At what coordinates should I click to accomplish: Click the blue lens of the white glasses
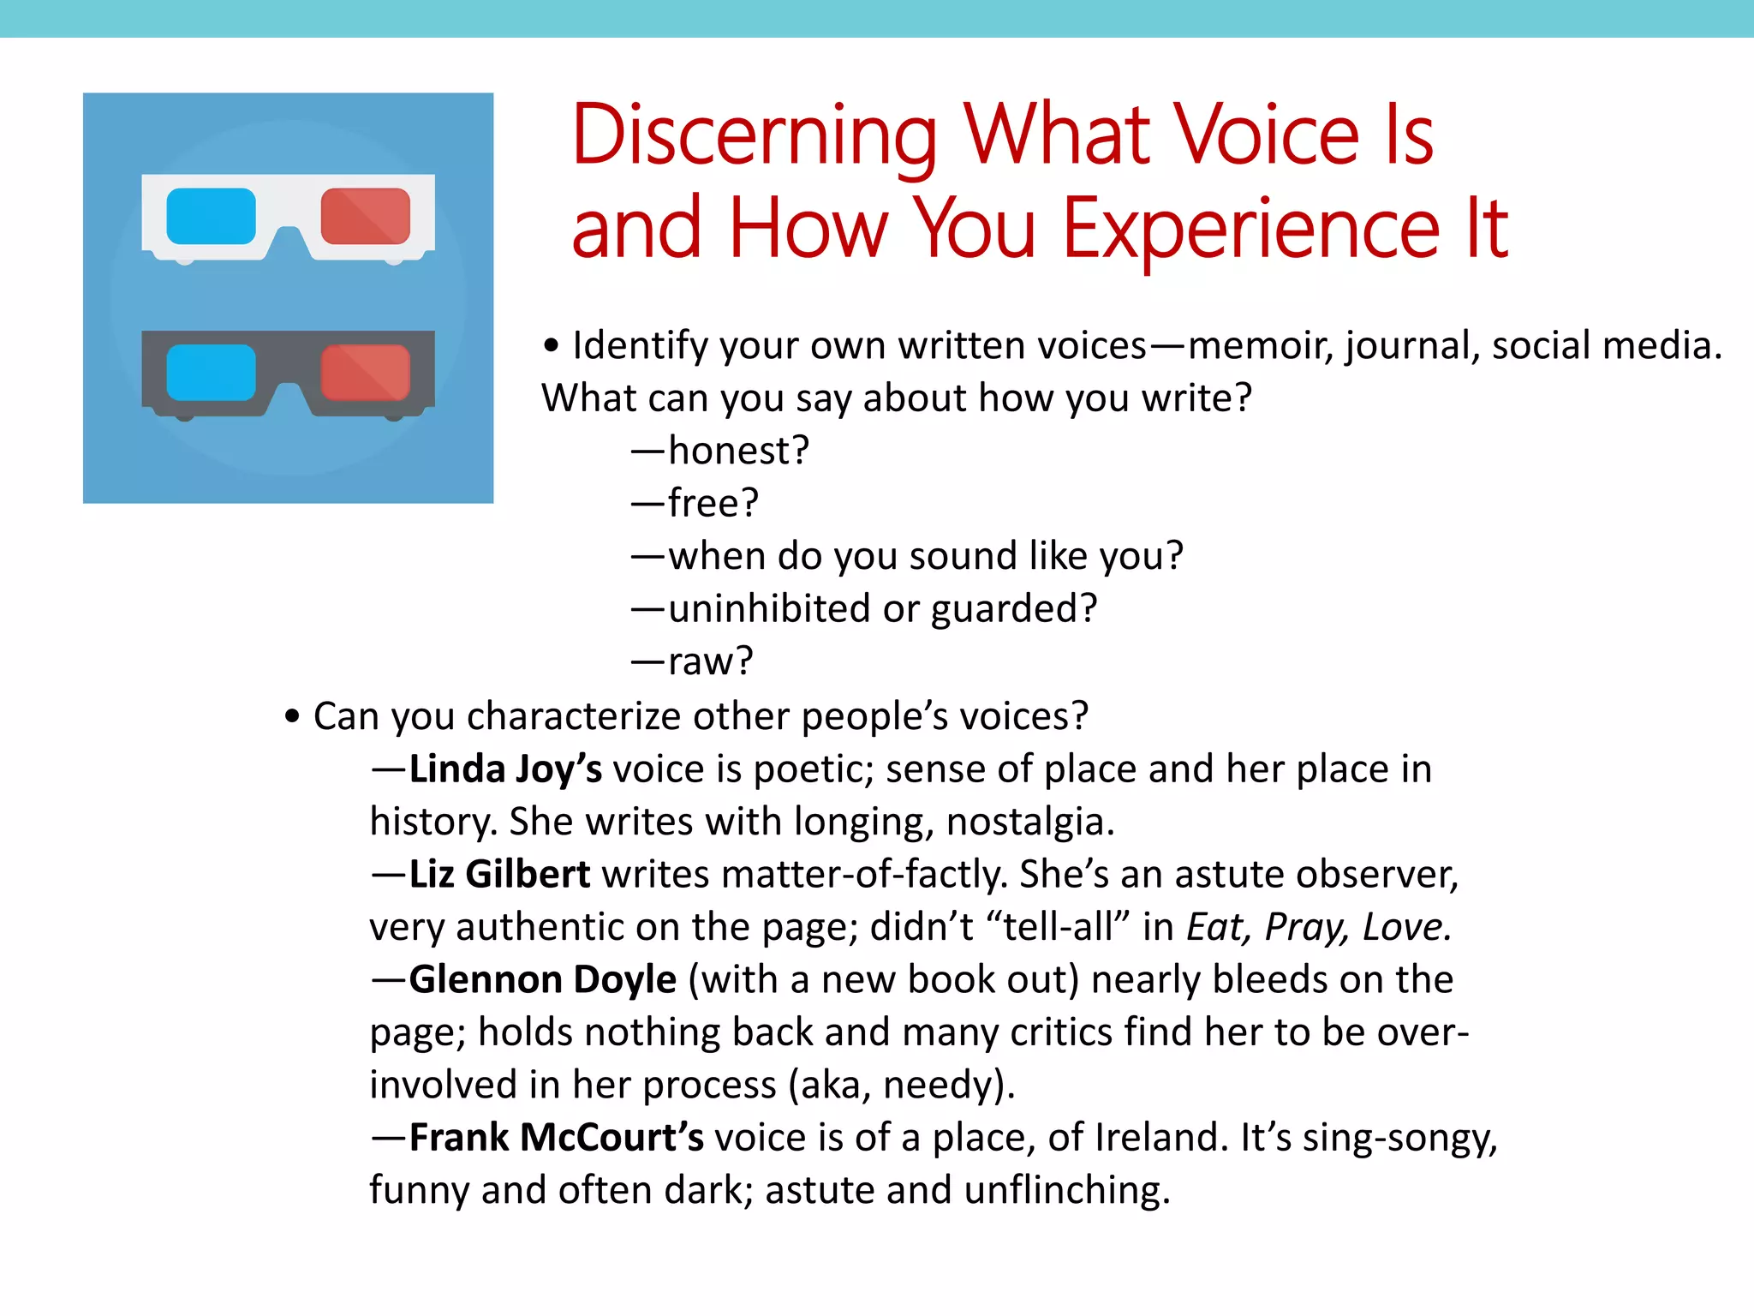(211, 216)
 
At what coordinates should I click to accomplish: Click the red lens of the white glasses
(366, 216)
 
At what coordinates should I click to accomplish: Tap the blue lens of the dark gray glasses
(211, 373)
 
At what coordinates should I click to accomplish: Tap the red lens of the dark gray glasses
(366, 373)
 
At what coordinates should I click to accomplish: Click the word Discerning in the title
(755, 137)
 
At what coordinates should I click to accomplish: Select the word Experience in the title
(1251, 230)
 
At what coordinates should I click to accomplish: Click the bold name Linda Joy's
(505, 769)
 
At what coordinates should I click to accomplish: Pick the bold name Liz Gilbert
(499, 874)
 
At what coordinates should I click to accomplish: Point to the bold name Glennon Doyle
(542, 979)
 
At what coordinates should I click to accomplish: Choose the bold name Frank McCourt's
(556, 1137)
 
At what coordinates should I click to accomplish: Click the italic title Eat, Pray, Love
(1318, 927)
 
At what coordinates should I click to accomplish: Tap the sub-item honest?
(738, 451)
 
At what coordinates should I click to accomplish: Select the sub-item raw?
(710, 661)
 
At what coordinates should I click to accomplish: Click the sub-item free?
(713, 503)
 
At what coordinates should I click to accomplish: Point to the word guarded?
(1013, 609)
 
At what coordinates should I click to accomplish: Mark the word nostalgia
(1030, 822)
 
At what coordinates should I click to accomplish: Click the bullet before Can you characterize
(293, 716)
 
